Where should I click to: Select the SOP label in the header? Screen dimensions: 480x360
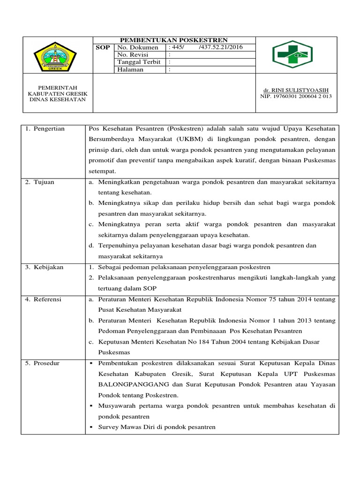pyautogui.click(x=103, y=48)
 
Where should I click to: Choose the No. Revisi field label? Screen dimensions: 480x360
pyautogui.click(x=133, y=55)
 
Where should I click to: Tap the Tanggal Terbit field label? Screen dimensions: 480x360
pyautogui.click(x=139, y=62)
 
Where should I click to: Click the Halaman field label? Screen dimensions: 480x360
pyautogui.click(x=131, y=70)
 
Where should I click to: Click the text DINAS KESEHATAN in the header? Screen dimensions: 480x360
pyautogui.click(x=58, y=99)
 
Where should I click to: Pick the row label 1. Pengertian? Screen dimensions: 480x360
pyautogui.click(x=45, y=128)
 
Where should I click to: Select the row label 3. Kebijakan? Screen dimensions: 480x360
pyautogui.click(x=45, y=267)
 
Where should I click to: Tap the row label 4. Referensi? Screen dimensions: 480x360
pyautogui.click(x=44, y=299)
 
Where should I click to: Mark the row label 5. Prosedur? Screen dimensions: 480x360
pyautogui.click(x=43, y=363)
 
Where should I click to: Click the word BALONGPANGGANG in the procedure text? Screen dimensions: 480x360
pyautogui.click(x=127, y=384)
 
